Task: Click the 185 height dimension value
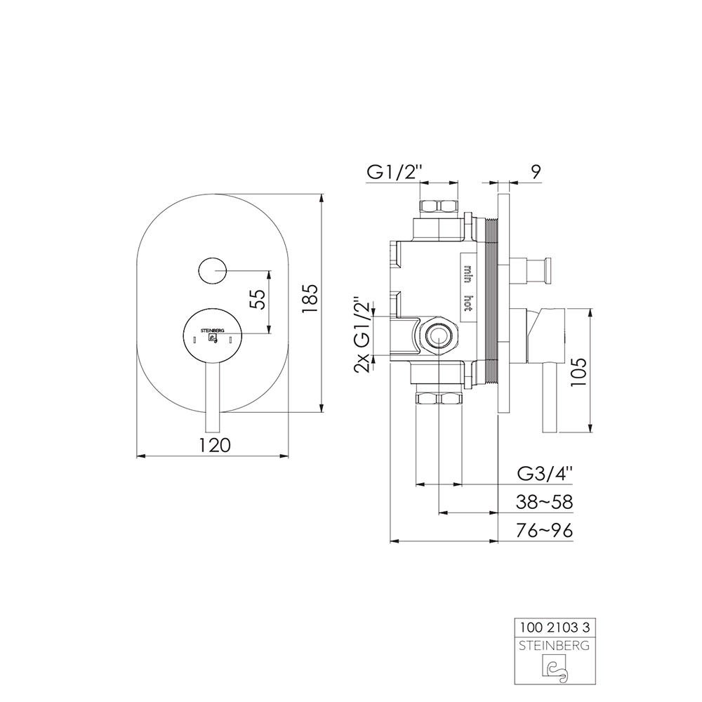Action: (310, 299)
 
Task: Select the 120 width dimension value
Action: (214, 444)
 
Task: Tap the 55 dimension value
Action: (258, 300)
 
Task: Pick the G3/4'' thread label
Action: (545, 473)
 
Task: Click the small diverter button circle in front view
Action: (212, 270)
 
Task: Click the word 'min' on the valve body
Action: (468, 273)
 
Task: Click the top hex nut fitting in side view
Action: (438, 207)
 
